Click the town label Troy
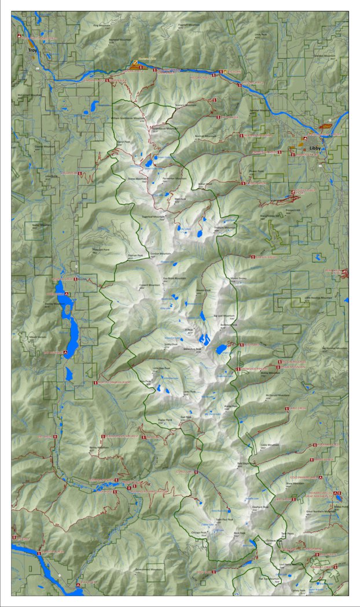(x=32, y=50)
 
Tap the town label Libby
(x=315, y=148)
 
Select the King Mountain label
(x=101, y=25)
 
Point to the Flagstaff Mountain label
(x=189, y=25)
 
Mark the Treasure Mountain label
(x=226, y=227)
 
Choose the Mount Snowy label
(x=238, y=278)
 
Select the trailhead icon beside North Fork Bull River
(x=95, y=383)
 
